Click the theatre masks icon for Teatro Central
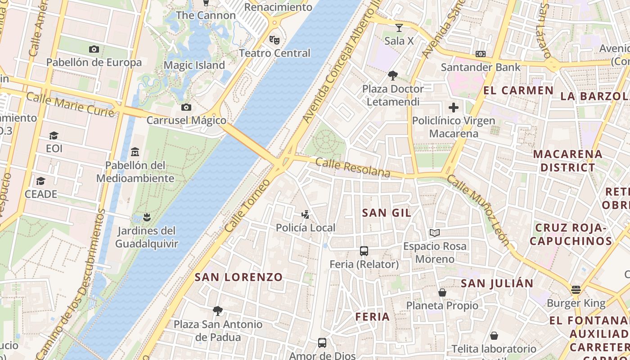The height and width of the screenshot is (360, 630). click(274, 40)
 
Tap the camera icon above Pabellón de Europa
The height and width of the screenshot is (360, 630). click(94, 49)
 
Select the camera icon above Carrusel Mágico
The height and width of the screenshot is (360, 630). click(186, 107)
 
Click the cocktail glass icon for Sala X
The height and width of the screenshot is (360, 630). click(399, 28)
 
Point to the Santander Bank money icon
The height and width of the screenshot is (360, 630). click(481, 54)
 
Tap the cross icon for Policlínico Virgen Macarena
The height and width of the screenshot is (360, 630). click(454, 108)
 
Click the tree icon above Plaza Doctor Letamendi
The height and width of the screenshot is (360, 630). click(393, 75)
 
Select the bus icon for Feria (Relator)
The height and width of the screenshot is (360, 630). click(364, 251)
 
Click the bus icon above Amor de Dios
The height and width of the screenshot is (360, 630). click(322, 343)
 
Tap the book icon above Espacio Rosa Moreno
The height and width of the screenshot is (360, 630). click(434, 233)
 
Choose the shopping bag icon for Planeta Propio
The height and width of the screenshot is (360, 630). click(442, 292)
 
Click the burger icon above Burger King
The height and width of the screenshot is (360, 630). click(576, 289)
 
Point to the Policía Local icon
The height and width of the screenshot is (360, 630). click(306, 214)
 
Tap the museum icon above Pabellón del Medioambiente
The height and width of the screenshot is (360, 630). click(135, 152)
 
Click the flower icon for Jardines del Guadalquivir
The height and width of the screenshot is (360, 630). click(146, 218)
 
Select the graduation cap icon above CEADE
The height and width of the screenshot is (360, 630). click(41, 181)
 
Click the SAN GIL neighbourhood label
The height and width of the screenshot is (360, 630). click(387, 213)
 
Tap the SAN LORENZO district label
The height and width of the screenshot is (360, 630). click(238, 277)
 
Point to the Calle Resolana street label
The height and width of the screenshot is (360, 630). click(353, 167)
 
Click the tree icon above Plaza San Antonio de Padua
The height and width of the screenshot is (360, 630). click(218, 310)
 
